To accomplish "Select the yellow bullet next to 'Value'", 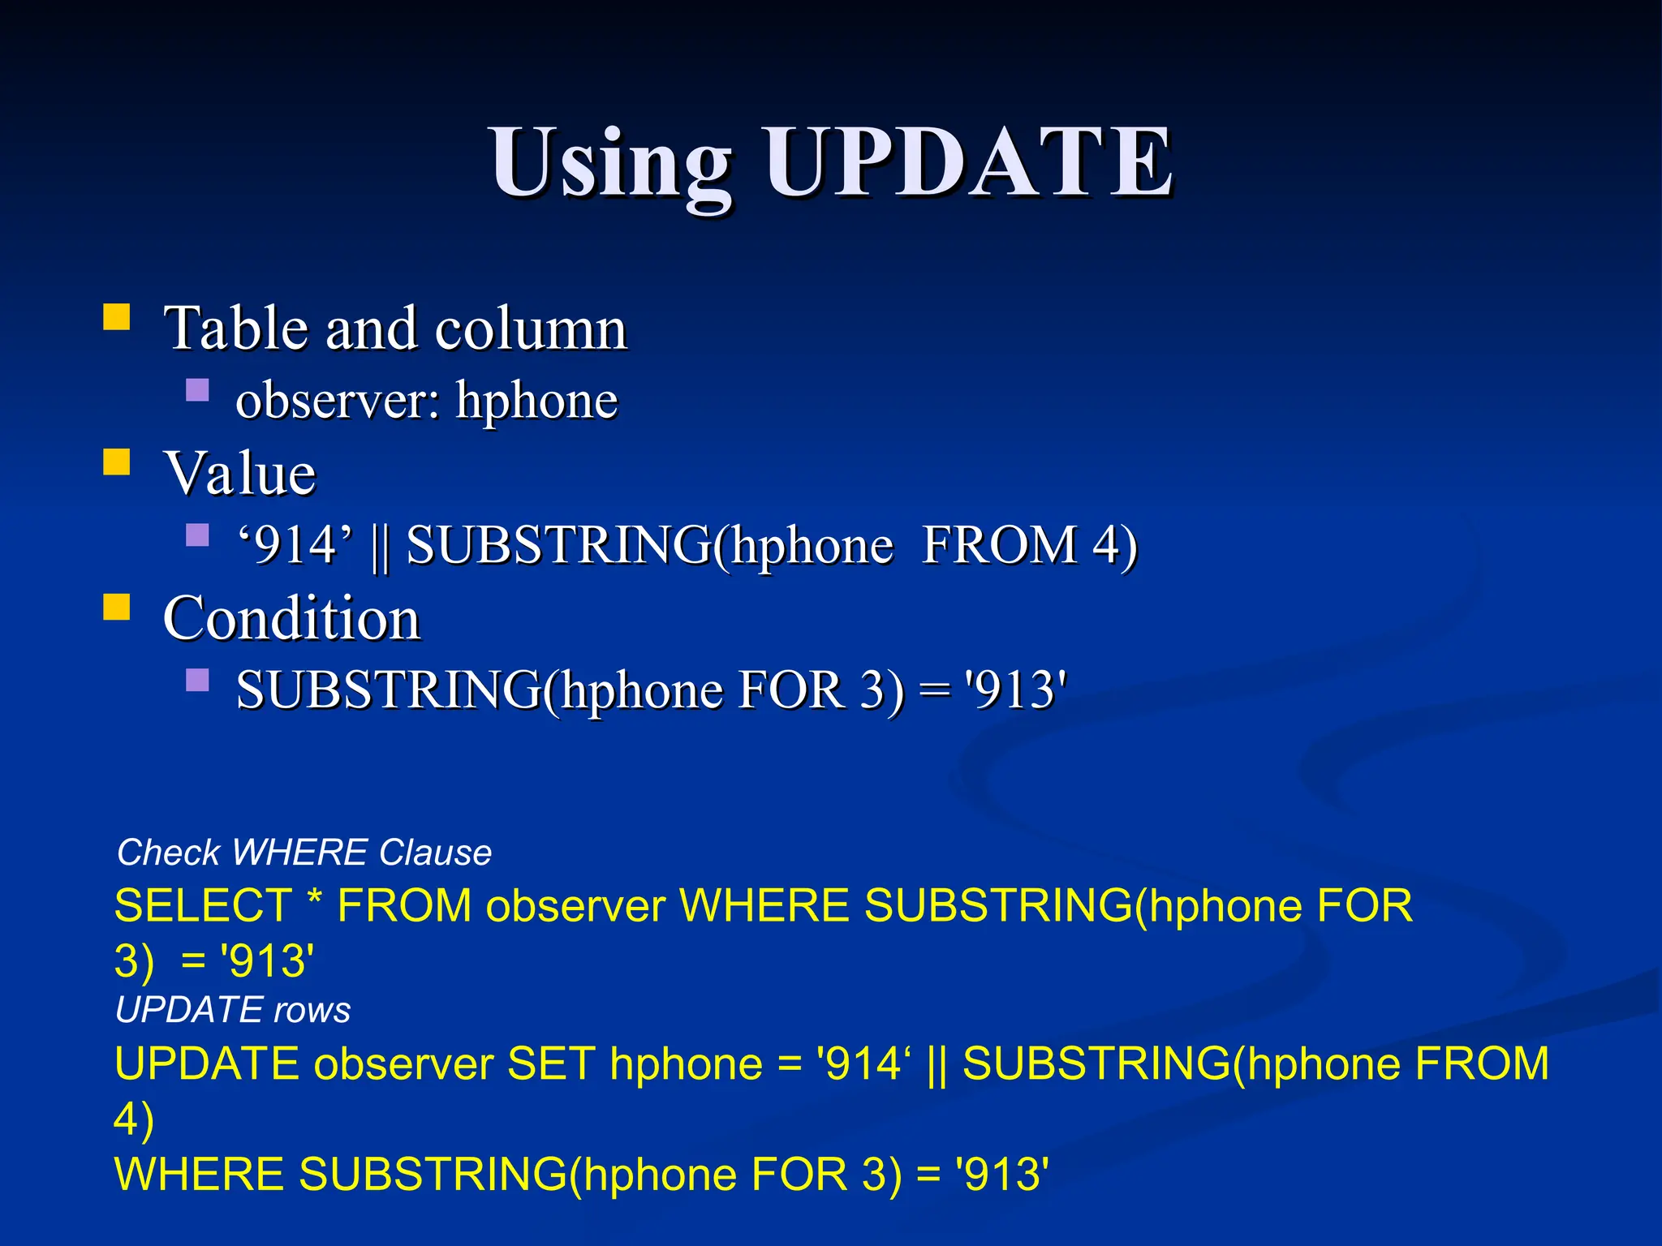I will (117, 462).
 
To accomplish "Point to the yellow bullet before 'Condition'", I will (117, 607).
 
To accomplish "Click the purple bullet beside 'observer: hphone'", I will (197, 391).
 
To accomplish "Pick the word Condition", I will (291, 618).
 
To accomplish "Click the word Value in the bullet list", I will (240, 473).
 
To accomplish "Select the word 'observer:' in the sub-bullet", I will (338, 400).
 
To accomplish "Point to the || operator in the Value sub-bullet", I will (379, 546).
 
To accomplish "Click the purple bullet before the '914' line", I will (197, 535).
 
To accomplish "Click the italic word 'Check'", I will (168, 853).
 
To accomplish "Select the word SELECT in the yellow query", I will (203, 905).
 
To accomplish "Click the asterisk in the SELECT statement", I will (315, 900).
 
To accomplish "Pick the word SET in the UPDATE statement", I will (551, 1063).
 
